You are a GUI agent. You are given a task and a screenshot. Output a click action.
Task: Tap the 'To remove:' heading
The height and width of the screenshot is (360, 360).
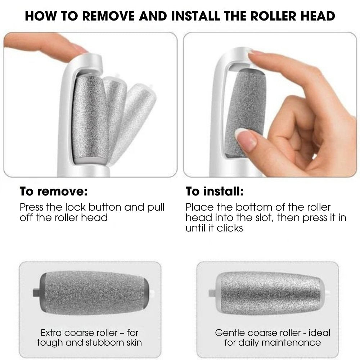[x=53, y=191]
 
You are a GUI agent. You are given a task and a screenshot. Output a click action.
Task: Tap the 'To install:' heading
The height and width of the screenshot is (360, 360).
[x=215, y=191]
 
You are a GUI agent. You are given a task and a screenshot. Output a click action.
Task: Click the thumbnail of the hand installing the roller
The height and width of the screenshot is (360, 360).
[x=270, y=104]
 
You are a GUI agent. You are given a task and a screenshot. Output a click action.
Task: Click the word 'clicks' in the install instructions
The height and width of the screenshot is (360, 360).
[x=230, y=228]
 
